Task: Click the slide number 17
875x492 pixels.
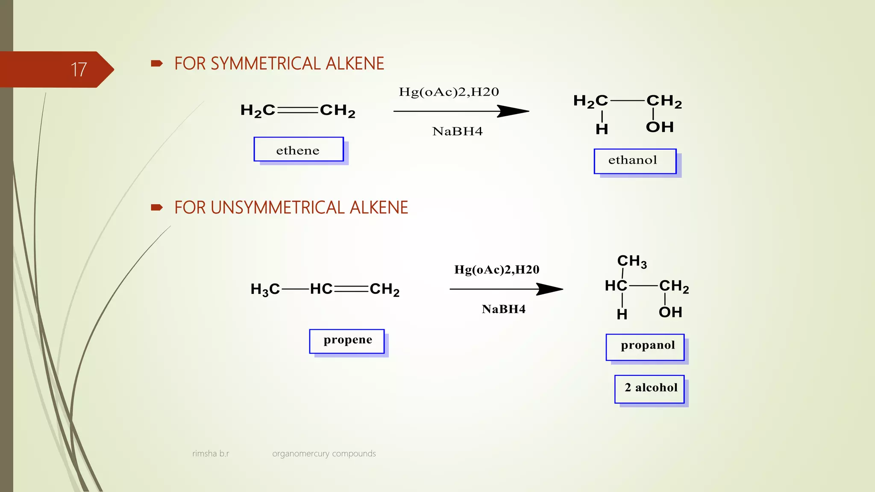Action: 79,70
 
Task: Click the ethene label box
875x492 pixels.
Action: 298,150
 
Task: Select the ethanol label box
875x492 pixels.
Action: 634,161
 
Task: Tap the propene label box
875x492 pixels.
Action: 347,341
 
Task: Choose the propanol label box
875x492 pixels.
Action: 645,346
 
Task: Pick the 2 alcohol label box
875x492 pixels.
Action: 649,389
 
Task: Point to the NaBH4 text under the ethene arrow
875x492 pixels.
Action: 457,131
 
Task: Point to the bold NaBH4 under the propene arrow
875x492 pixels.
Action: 503,309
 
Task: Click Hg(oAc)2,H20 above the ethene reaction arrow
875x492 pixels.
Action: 449,92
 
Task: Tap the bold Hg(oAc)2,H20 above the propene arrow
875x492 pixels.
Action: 496,269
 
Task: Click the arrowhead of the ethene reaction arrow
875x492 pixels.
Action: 515,111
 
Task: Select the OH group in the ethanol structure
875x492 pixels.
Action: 660,127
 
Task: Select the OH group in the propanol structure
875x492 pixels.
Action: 670,312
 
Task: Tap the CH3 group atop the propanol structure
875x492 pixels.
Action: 631,261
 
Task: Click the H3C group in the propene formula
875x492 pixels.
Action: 265,290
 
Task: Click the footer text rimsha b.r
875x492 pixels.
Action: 211,454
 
